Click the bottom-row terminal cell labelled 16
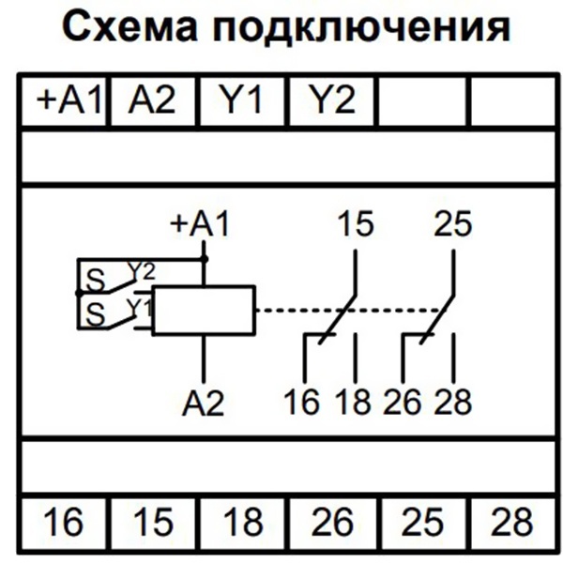(63, 522)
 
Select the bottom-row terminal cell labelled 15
(153, 522)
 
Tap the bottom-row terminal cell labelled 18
(243, 522)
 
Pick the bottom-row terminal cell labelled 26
(332, 522)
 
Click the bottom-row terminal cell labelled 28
(510, 522)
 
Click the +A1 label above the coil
(199, 225)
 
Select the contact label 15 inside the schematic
(355, 225)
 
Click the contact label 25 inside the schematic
(453, 225)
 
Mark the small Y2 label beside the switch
(140, 272)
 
